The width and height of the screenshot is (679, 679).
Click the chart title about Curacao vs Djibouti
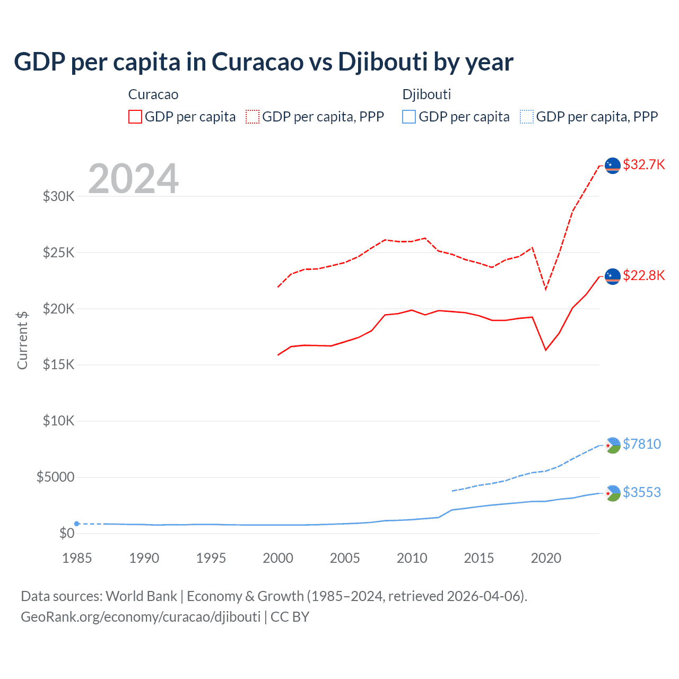pyautogui.click(x=263, y=62)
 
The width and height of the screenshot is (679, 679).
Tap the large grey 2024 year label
pyautogui.click(x=133, y=179)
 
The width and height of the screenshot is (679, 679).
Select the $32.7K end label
pyautogui.click(x=643, y=164)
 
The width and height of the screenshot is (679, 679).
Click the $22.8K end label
pyautogui.click(x=643, y=275)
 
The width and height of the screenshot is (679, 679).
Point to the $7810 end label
pyautogui.click(x=642, y=444)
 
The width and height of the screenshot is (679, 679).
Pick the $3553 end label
pyautogui.click(x=642, y=492)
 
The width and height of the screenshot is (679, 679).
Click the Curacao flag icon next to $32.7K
pyautogui.click(x=613, y=166)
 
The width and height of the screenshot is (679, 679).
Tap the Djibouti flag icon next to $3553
pyautogui.click(x=613, y=493)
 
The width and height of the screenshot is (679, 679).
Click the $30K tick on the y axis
pyautogui.click(x=59, y=196)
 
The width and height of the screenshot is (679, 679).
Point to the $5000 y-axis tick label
pyautogui.click(x=56, y=477)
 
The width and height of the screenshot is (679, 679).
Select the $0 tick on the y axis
pyautogui.click(x=66, y=533)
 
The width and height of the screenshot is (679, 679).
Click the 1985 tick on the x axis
pyautogui.click(x=77, y=558)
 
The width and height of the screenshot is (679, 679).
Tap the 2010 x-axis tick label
pyautogui.click(x=412, y=558)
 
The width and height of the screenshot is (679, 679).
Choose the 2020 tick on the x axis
pyautogui.click(x=546, y=558)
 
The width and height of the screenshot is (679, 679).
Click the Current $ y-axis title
pyautogui.click(x=22, y=340)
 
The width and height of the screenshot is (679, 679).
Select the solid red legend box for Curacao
pyautogui.click(x=135, y=117)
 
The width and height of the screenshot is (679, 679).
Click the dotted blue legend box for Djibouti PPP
pyautogui.click(x=527, y=117)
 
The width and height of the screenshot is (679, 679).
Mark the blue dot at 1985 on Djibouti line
pyautogui.click(x=77, y=524)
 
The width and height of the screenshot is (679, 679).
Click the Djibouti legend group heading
pyautogui.click(x=426, y=94)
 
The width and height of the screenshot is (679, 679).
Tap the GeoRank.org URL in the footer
pyautogui.click(x=141, y=617)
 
